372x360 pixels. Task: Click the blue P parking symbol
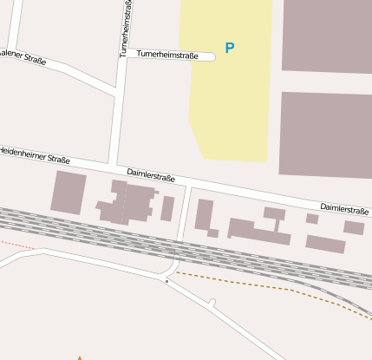pyautogui.click(x=229, y=49)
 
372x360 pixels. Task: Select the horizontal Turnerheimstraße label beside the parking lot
pyautogui.click(x=167, y=55)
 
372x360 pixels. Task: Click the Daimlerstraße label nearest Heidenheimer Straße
pyautogui.click(x=151, y=174)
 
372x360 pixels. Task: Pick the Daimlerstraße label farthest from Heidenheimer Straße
pyautogui.click(x=344, y=208)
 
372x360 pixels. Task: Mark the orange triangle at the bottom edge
pyautogui.click(x=80, y=357)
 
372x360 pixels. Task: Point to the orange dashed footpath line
pyautogui.click(x=260, y=284)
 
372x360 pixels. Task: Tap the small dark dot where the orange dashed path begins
pyautogui.click(x=166, y=281)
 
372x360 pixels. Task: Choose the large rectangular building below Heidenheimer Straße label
pyautogui.click(x=69, y=192)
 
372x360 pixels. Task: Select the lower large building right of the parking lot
pyautogui.click(x=326, y=134)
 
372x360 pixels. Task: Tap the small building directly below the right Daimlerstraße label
pyautogui.click(x=353, y=227)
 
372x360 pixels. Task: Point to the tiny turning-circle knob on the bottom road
pyautogui.click(x=212, y=302)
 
